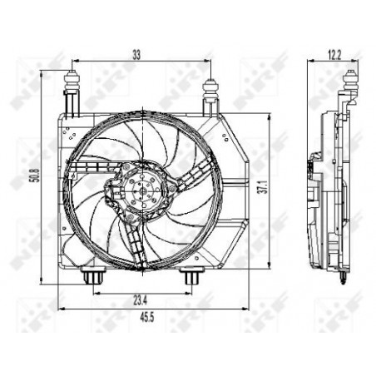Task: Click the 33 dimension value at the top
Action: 136,55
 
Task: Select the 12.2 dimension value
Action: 334,56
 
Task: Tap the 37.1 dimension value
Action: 265,186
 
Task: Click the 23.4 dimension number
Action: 141,300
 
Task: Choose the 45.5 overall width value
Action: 147,318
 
